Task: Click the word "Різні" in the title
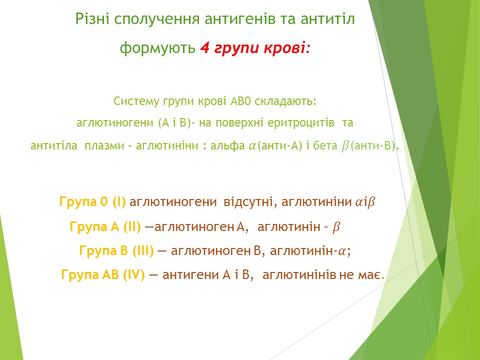click(x=93, y=19)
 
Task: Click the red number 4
click(x=204, y=48)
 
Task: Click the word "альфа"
click(x=227, y=145)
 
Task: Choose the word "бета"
click(x=325, y=145)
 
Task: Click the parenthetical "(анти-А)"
click(x=280, y=145)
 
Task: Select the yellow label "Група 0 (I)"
click(x=92, y=202)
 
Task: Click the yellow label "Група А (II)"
click(x=105, y=227)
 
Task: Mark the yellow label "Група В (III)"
click(x=116, y=251)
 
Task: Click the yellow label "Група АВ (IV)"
click(x=103, y=275)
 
